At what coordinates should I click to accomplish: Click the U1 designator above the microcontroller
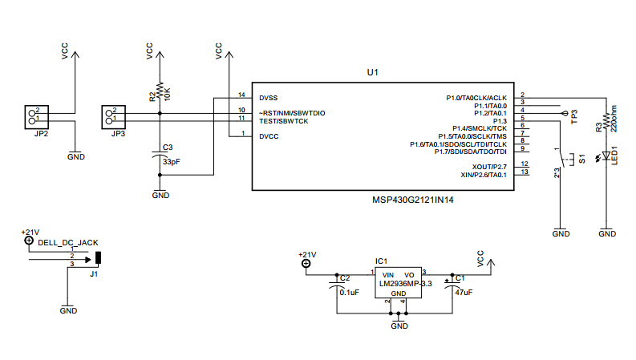click(372, 72)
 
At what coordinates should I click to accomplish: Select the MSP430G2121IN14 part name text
click(413, 200)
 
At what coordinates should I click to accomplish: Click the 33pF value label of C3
click(171, 161)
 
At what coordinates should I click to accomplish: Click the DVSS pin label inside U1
click(269, 97)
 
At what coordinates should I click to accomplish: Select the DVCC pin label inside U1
click(269, 136)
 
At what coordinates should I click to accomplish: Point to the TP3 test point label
click(574, 118)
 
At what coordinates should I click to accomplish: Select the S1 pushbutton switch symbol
click(561, 160)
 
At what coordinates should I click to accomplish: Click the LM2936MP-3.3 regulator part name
click(406, 284)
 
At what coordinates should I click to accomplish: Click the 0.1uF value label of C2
click(350, 293)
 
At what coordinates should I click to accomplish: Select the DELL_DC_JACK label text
click(68, 243)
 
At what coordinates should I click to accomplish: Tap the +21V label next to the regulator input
click(307, 254)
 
